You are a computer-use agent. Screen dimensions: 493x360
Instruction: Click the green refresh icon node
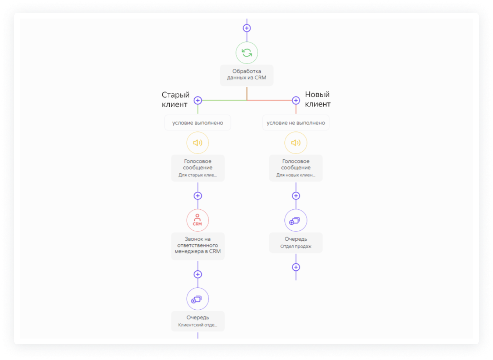(x=247, y=53)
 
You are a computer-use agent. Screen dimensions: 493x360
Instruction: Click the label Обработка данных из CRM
(x=246, y=74)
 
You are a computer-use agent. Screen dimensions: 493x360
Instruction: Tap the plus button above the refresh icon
(x=247, y=28)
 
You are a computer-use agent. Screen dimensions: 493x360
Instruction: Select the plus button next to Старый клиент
(x=198, y=101)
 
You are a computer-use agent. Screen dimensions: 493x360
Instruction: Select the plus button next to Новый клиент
(x=296, y=101)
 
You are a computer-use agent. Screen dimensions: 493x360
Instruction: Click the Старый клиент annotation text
(x=175, y=99)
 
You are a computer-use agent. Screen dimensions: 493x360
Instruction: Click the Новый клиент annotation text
(x=318, y=99)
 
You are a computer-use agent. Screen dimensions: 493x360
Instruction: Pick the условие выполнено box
(x=198, y=122)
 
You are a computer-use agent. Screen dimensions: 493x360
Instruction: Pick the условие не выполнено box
(x=296, y=122)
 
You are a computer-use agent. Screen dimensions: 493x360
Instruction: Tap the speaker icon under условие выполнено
(x=198, y=143)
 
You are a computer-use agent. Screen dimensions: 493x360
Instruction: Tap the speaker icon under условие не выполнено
(x=296, y=143)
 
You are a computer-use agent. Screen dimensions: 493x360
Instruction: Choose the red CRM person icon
(x=198, y=220)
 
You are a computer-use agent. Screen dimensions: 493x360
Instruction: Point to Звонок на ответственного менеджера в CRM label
(x=198, y=245)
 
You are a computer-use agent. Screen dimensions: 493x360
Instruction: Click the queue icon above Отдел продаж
(x=296, y=220)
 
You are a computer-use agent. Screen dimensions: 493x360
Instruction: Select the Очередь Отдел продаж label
(x=296, y=242)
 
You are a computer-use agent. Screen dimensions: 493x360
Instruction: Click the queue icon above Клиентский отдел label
(x=198, y=299)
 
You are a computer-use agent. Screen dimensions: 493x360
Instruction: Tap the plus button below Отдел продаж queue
(x=296, y=267)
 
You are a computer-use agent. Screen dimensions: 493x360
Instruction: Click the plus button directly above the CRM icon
(x=198, y=196)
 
